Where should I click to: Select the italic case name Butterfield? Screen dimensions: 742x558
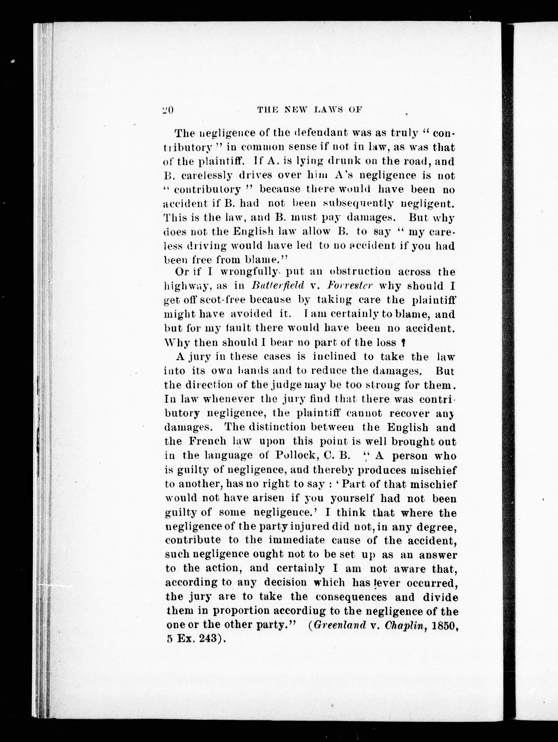pos(277,286)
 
